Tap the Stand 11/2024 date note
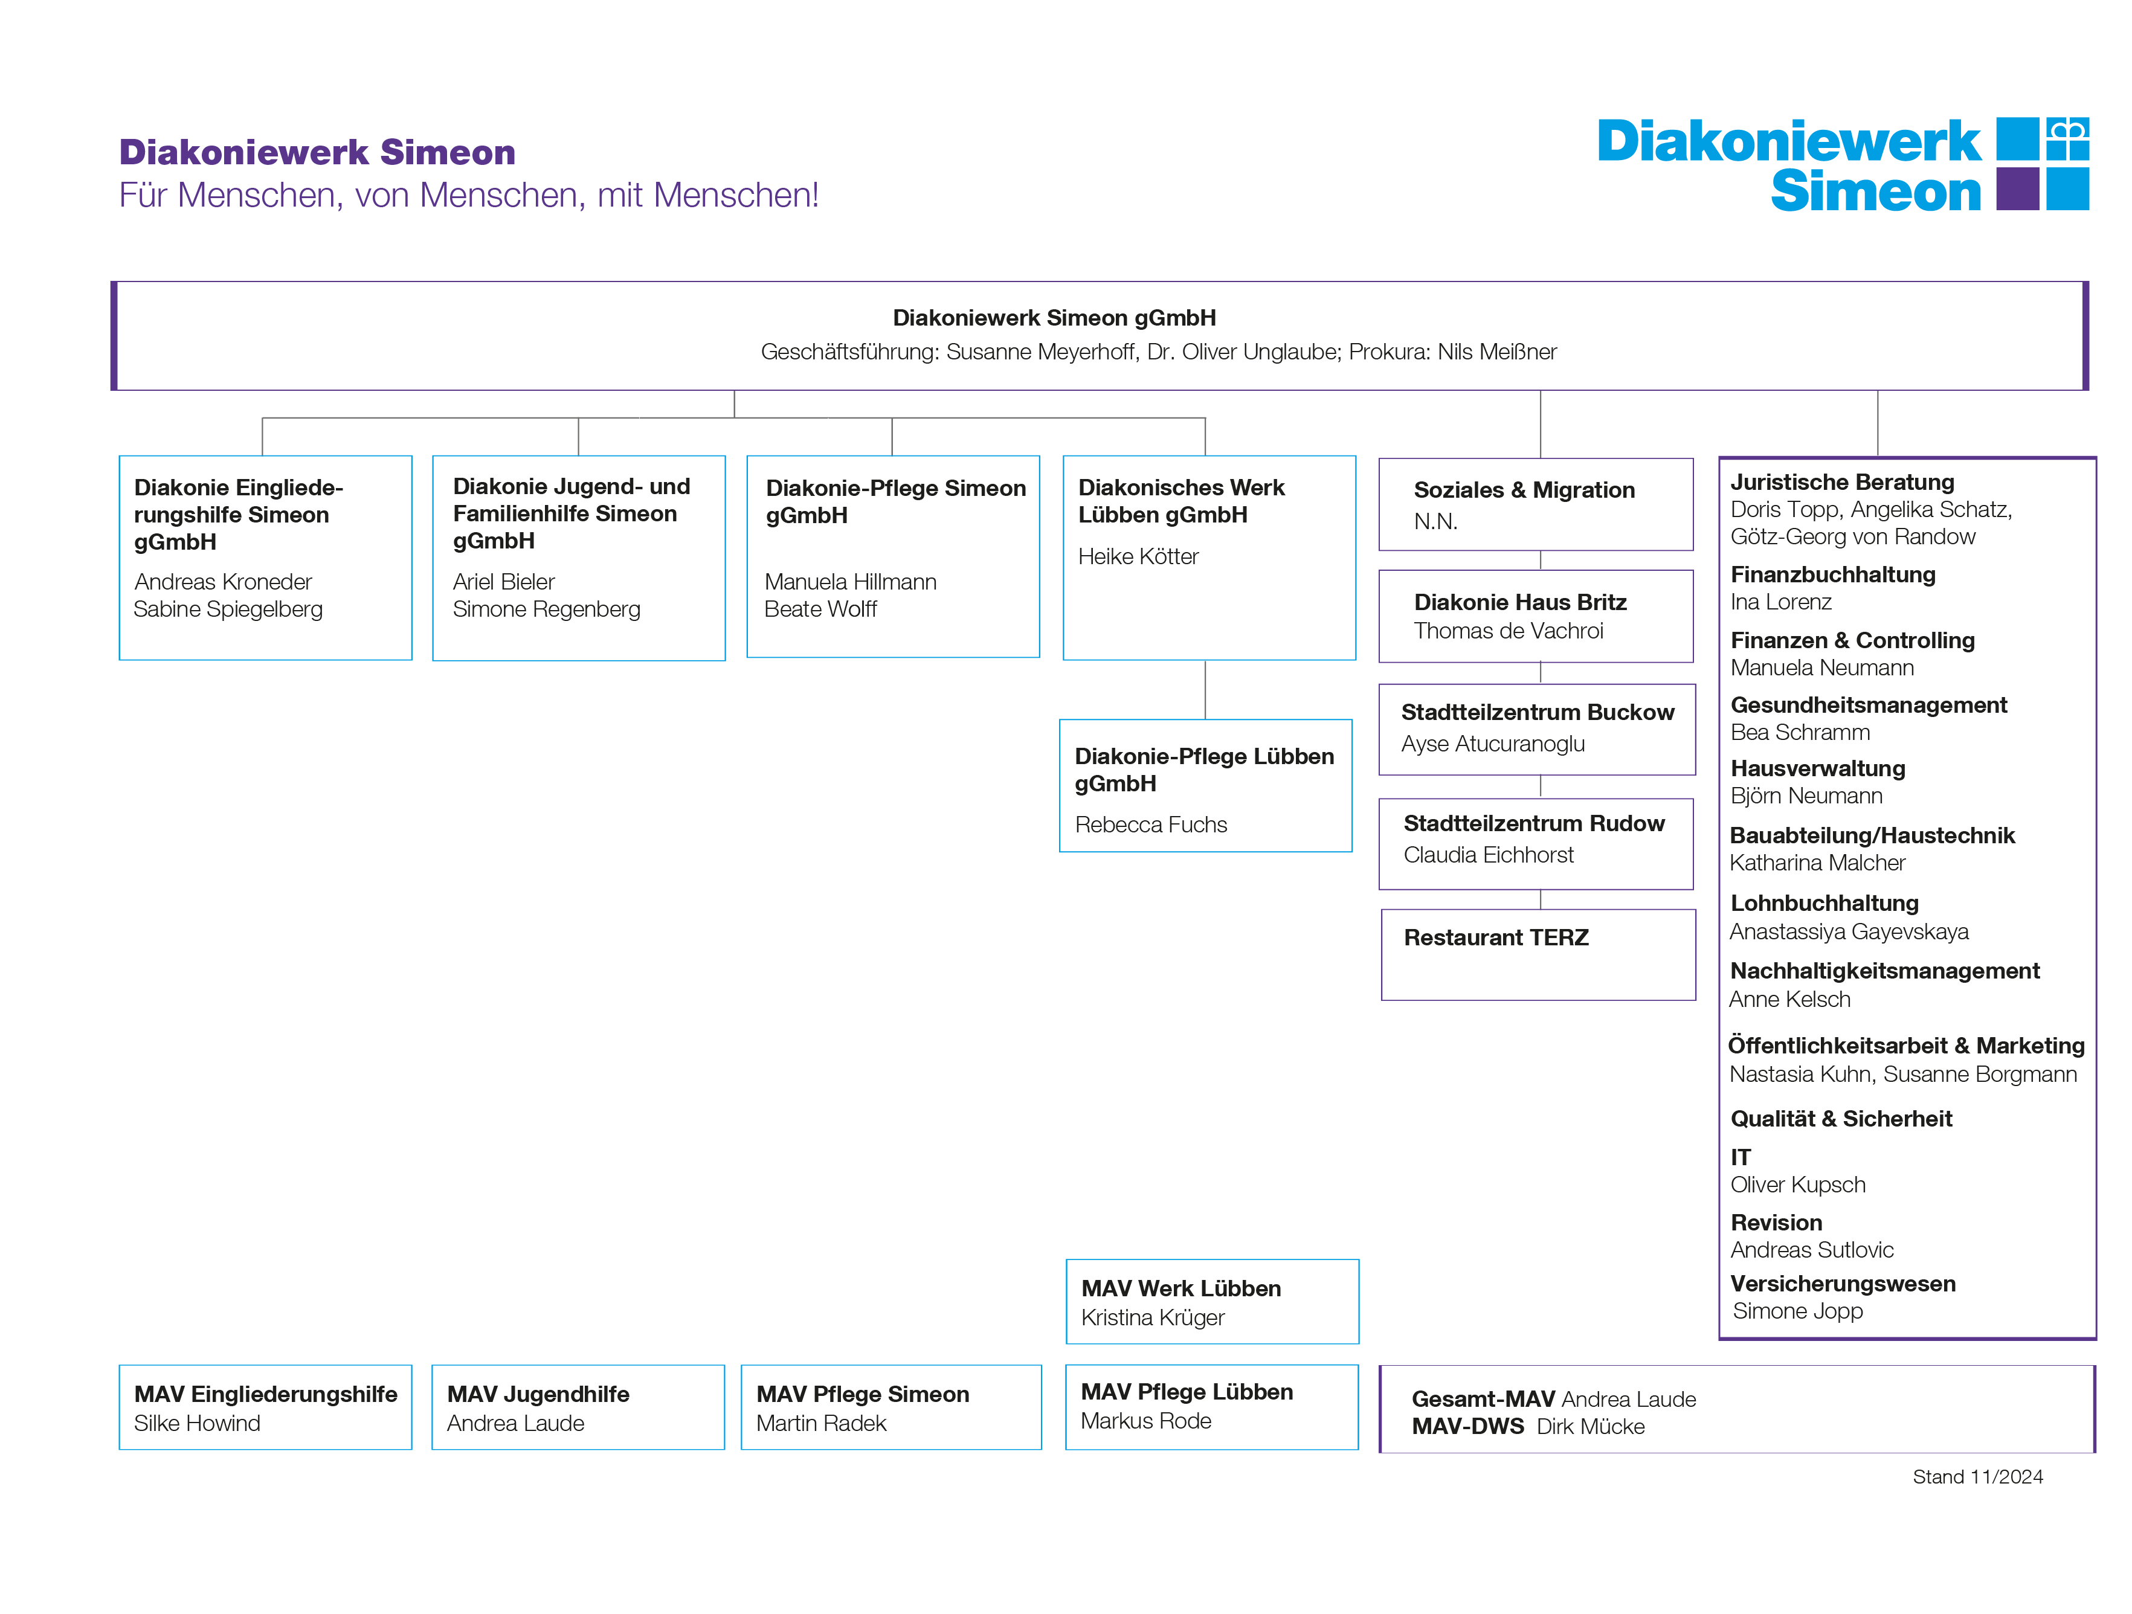tap(1978, 1477)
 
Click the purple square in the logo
tap(2017, 189)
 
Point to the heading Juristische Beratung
tap(1842, 482)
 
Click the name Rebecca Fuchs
tap(1151, 825)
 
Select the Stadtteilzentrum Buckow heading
tap(1538, 712)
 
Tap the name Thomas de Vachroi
tap(1509, 631)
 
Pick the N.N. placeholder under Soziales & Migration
tap(1435, 521)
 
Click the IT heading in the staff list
tap(1740, 1157)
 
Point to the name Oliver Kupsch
tap(1797, 1185)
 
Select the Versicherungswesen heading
tap(1843, 1284)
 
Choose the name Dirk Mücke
tap(1590, 1427)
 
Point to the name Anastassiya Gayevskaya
tap(1849, 932)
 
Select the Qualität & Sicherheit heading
tap(1841, 1119)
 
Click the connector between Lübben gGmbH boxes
tap(1206, 690)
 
